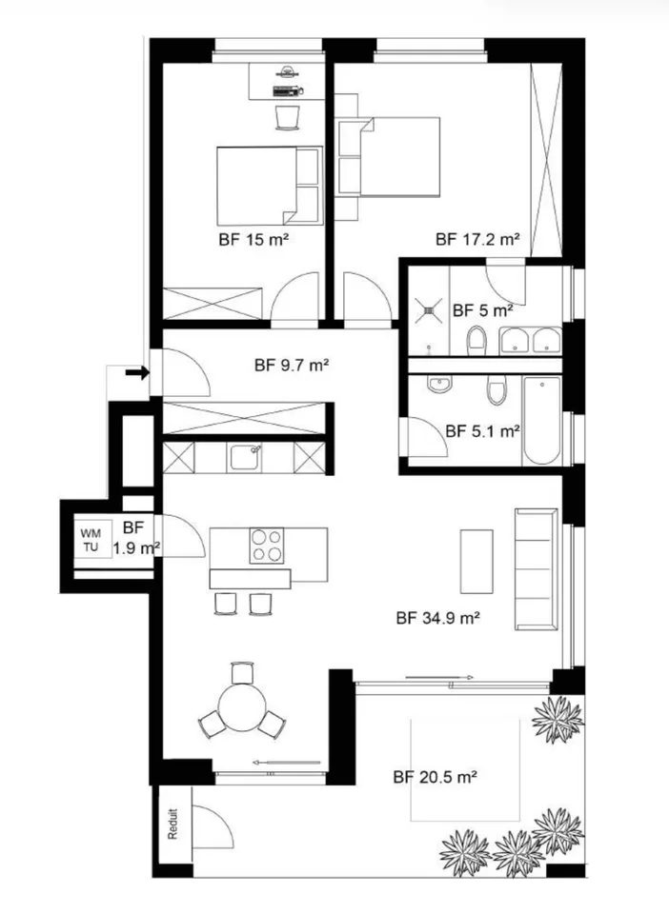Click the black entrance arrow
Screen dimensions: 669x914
click(x=137, y=372)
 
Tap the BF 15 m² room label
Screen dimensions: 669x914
click(x=253, y=240)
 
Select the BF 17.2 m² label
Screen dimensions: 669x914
click(x=477, y=239)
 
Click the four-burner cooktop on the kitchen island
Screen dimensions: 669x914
click(x=267, y=546)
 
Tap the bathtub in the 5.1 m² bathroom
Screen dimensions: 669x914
click(x=542, y=421)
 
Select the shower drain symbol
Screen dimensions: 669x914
click(x=430, y=310)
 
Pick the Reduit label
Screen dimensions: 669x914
click(x=172, y=823)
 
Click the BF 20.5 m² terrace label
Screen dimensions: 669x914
click(x=436, y=777)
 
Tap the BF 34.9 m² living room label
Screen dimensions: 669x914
click(x=438, y=618)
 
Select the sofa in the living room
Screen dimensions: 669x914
click(x=536, y=569)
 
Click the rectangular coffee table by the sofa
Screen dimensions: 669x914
click(x=476, y=562)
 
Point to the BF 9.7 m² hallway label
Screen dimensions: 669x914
click(x=293, y=366)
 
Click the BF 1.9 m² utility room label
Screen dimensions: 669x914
click(x=135, y=538)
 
